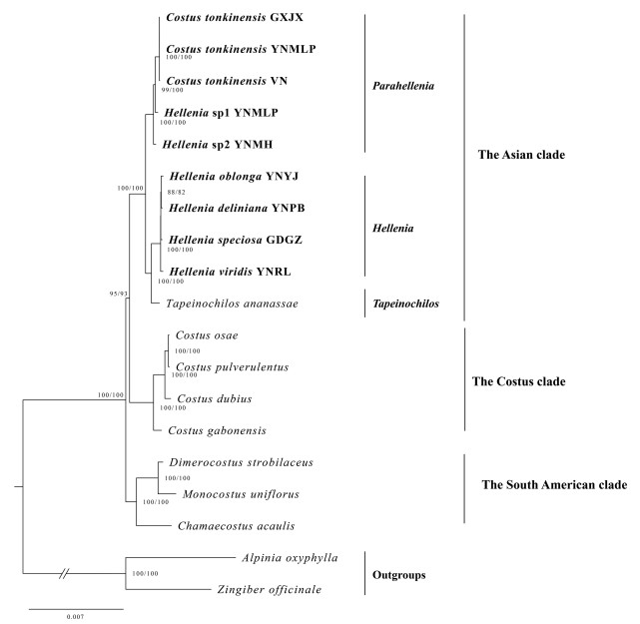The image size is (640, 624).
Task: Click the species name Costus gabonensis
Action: tap(215, 429)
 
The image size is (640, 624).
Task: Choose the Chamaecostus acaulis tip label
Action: tap(229, 525)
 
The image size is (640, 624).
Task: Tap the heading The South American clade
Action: tap(554, 485)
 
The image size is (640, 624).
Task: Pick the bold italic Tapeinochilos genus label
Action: tap(404, 303)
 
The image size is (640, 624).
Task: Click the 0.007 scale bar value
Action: tap(75, 618)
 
